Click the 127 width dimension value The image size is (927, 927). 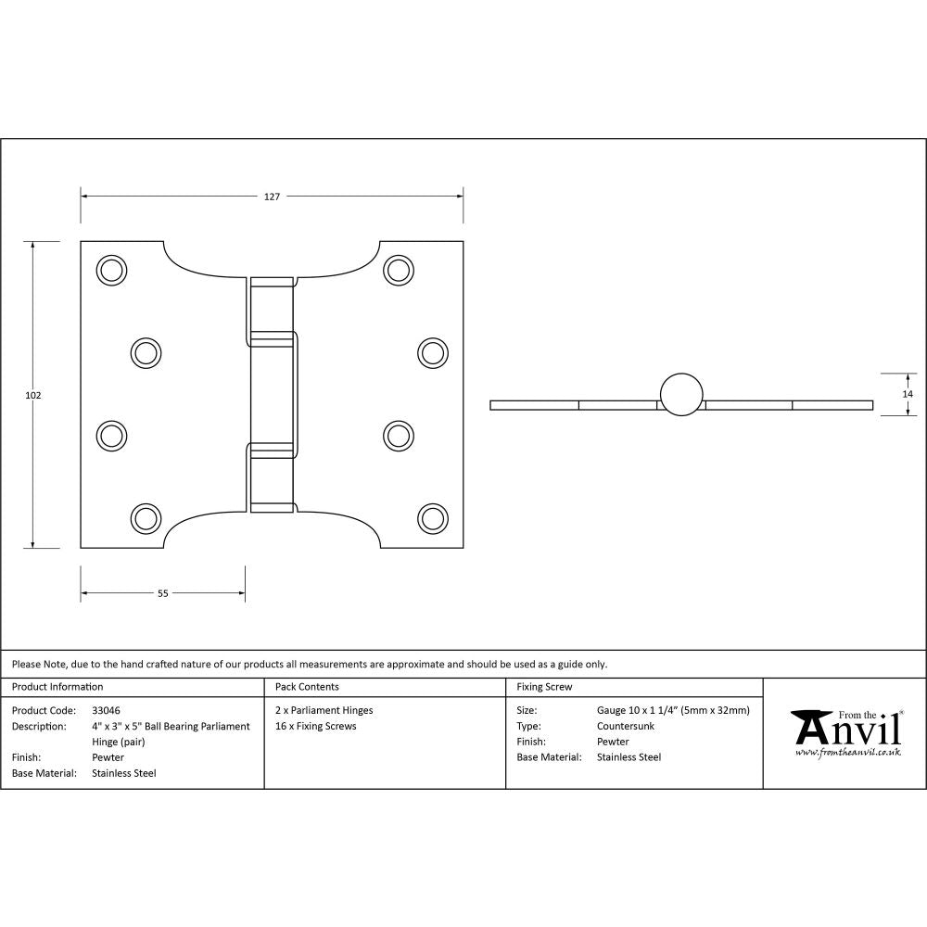272,197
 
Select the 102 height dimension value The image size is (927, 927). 33,395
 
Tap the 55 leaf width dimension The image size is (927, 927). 162,594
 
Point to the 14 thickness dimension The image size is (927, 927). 907,394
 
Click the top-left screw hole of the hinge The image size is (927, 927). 111,270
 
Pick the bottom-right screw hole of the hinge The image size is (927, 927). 431,517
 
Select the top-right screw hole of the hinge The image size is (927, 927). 399,270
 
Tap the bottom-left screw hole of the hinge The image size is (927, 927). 145,517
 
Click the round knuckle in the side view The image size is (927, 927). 681,393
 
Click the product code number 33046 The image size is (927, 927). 106,711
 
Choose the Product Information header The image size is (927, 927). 57,687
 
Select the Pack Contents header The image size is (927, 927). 307,687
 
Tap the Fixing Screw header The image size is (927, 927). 544,687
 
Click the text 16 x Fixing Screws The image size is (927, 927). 316,726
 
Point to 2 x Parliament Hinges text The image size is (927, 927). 324,711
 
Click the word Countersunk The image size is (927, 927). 626,726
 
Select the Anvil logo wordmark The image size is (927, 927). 847,729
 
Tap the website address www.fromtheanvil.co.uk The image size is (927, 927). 847,753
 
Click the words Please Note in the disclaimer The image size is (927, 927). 39,664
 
